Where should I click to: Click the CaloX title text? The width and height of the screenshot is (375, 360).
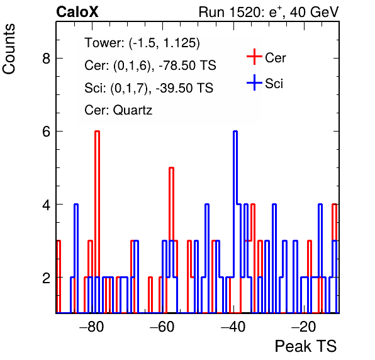pos(77,12)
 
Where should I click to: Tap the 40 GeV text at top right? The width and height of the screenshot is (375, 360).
pos(315,12)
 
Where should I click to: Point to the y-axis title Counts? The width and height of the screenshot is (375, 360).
pos(9,49)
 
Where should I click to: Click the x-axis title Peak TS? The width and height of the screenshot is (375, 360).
pos(306,346)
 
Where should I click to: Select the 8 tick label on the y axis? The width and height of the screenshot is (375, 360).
pos(46,58)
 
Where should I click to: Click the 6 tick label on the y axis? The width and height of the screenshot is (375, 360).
pos(46,132)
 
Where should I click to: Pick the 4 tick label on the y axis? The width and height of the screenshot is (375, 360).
pos(46,205)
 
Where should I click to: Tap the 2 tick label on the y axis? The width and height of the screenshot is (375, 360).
pos(46,278)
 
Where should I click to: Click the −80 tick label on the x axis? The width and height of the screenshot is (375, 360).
pos(92,327)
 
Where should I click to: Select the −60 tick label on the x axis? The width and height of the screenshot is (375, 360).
pos(162,327)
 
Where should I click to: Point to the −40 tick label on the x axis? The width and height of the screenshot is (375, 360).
pos(233,327)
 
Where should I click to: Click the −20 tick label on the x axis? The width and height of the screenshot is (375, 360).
pos(304,327)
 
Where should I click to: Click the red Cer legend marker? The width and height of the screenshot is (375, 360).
pos(254,57)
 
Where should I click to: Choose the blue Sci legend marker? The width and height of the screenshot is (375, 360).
pos(254,83)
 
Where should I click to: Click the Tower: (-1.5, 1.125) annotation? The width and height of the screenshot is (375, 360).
pos(142,43)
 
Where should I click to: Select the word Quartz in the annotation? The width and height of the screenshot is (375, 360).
pos(133,111)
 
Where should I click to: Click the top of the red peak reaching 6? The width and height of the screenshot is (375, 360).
pos(97,131)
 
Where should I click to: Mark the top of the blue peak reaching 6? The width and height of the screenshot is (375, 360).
pos(235,131)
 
